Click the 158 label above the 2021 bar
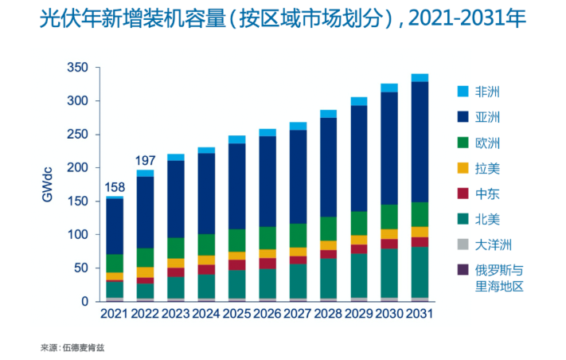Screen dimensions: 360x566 pyautogui.click(x=115, y=189)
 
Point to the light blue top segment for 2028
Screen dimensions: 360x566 pyautogui.click(x=328, y=114)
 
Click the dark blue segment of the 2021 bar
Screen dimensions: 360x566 pyautogui.click(x=115, y=226)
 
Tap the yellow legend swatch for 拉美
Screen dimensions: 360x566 pyautogui.click(x=463, y=167)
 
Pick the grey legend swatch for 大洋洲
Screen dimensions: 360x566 pyautogui.click(x=463, y=244)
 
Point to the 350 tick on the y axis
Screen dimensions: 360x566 pyautogui.click(x=77, y=68)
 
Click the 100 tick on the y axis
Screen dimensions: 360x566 pyautogui.click(x=77, y=235)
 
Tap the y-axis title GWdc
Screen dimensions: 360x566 pyautogui.click(x=48, y=185)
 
